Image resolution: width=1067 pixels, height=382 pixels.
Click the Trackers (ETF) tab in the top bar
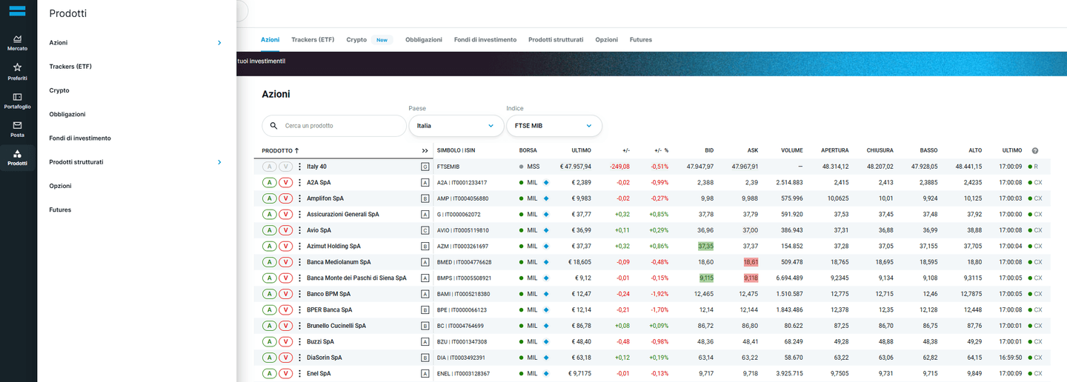(x=313, y=39)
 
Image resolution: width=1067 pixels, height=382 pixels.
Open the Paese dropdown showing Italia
(x=456, y=126)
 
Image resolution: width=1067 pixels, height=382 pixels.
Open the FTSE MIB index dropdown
(x=554, y=126)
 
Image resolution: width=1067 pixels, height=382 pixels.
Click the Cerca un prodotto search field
(x=334, y=126)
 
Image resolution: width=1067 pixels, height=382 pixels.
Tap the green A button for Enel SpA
(x=270, y=373)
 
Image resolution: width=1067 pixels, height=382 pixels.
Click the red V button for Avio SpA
(x=285, y=230)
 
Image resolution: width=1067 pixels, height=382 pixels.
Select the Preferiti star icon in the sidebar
(x=17, y=67)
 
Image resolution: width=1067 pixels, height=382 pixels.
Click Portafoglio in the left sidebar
(x=17, y=101)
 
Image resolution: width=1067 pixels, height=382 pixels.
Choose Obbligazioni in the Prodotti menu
(x=67, y=114)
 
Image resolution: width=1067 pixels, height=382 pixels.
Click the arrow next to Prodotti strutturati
(x=219, y=162)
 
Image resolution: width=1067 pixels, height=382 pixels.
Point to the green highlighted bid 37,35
(x=705, y=246)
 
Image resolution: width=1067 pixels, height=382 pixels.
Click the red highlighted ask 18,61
(x=751, y=262)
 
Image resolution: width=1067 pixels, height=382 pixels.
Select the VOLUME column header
(x=791, y=150)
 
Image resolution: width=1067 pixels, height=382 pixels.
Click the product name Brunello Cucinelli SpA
(x=336, y=326)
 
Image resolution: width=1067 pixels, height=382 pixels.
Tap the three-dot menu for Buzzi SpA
(x=299, y=341)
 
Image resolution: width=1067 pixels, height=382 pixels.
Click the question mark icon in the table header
(x=1035, y=151)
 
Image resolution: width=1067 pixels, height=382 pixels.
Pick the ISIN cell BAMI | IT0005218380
(x=464, y=294)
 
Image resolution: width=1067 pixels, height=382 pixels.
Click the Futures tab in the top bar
(x=641, y=39)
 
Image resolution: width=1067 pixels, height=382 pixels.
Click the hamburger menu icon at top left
(x=17, y=11)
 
